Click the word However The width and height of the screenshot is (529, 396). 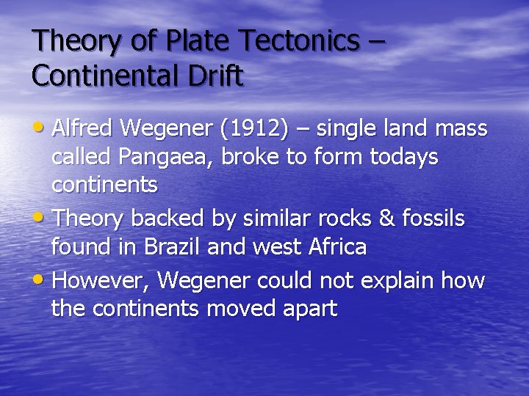pos(101,280)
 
